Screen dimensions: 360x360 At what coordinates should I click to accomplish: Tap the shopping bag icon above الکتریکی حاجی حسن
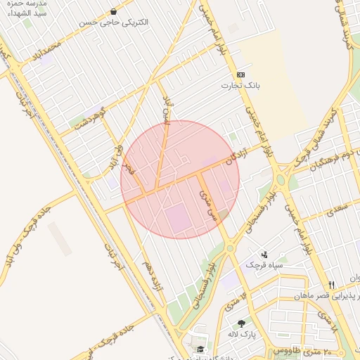pos(114,11)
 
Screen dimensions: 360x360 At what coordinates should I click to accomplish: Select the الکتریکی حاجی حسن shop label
pos(124,22)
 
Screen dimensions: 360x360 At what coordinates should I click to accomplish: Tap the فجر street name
pos(129,168)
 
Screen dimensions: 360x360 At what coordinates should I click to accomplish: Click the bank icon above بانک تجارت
pos(241,74)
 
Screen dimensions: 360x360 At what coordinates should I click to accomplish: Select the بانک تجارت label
pos(241,85)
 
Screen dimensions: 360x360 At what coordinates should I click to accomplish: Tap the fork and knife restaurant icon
pos(332,285)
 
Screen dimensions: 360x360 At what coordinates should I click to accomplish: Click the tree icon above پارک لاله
pos(242,323)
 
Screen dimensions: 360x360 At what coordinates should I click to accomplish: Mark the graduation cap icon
pos(200,349)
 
